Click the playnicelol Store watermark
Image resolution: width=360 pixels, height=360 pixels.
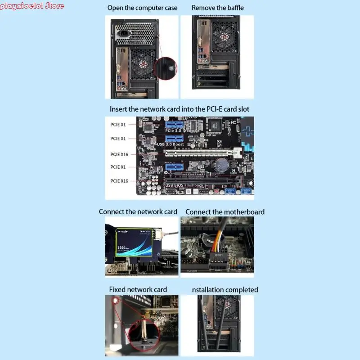pos(32,6)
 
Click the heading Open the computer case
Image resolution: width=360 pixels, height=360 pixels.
pos(142,8)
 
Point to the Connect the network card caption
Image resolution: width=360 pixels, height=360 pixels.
pos(138,211)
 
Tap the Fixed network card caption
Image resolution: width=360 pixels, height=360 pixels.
pos(138,289)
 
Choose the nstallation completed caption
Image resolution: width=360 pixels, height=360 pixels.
pos(225,289)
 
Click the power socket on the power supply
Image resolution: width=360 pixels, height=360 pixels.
pos(123,33)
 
